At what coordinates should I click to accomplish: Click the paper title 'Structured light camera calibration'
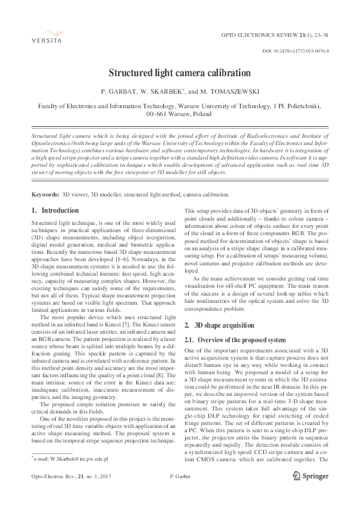179,73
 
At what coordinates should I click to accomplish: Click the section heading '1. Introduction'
54,210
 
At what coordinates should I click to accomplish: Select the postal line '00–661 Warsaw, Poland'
179,113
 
